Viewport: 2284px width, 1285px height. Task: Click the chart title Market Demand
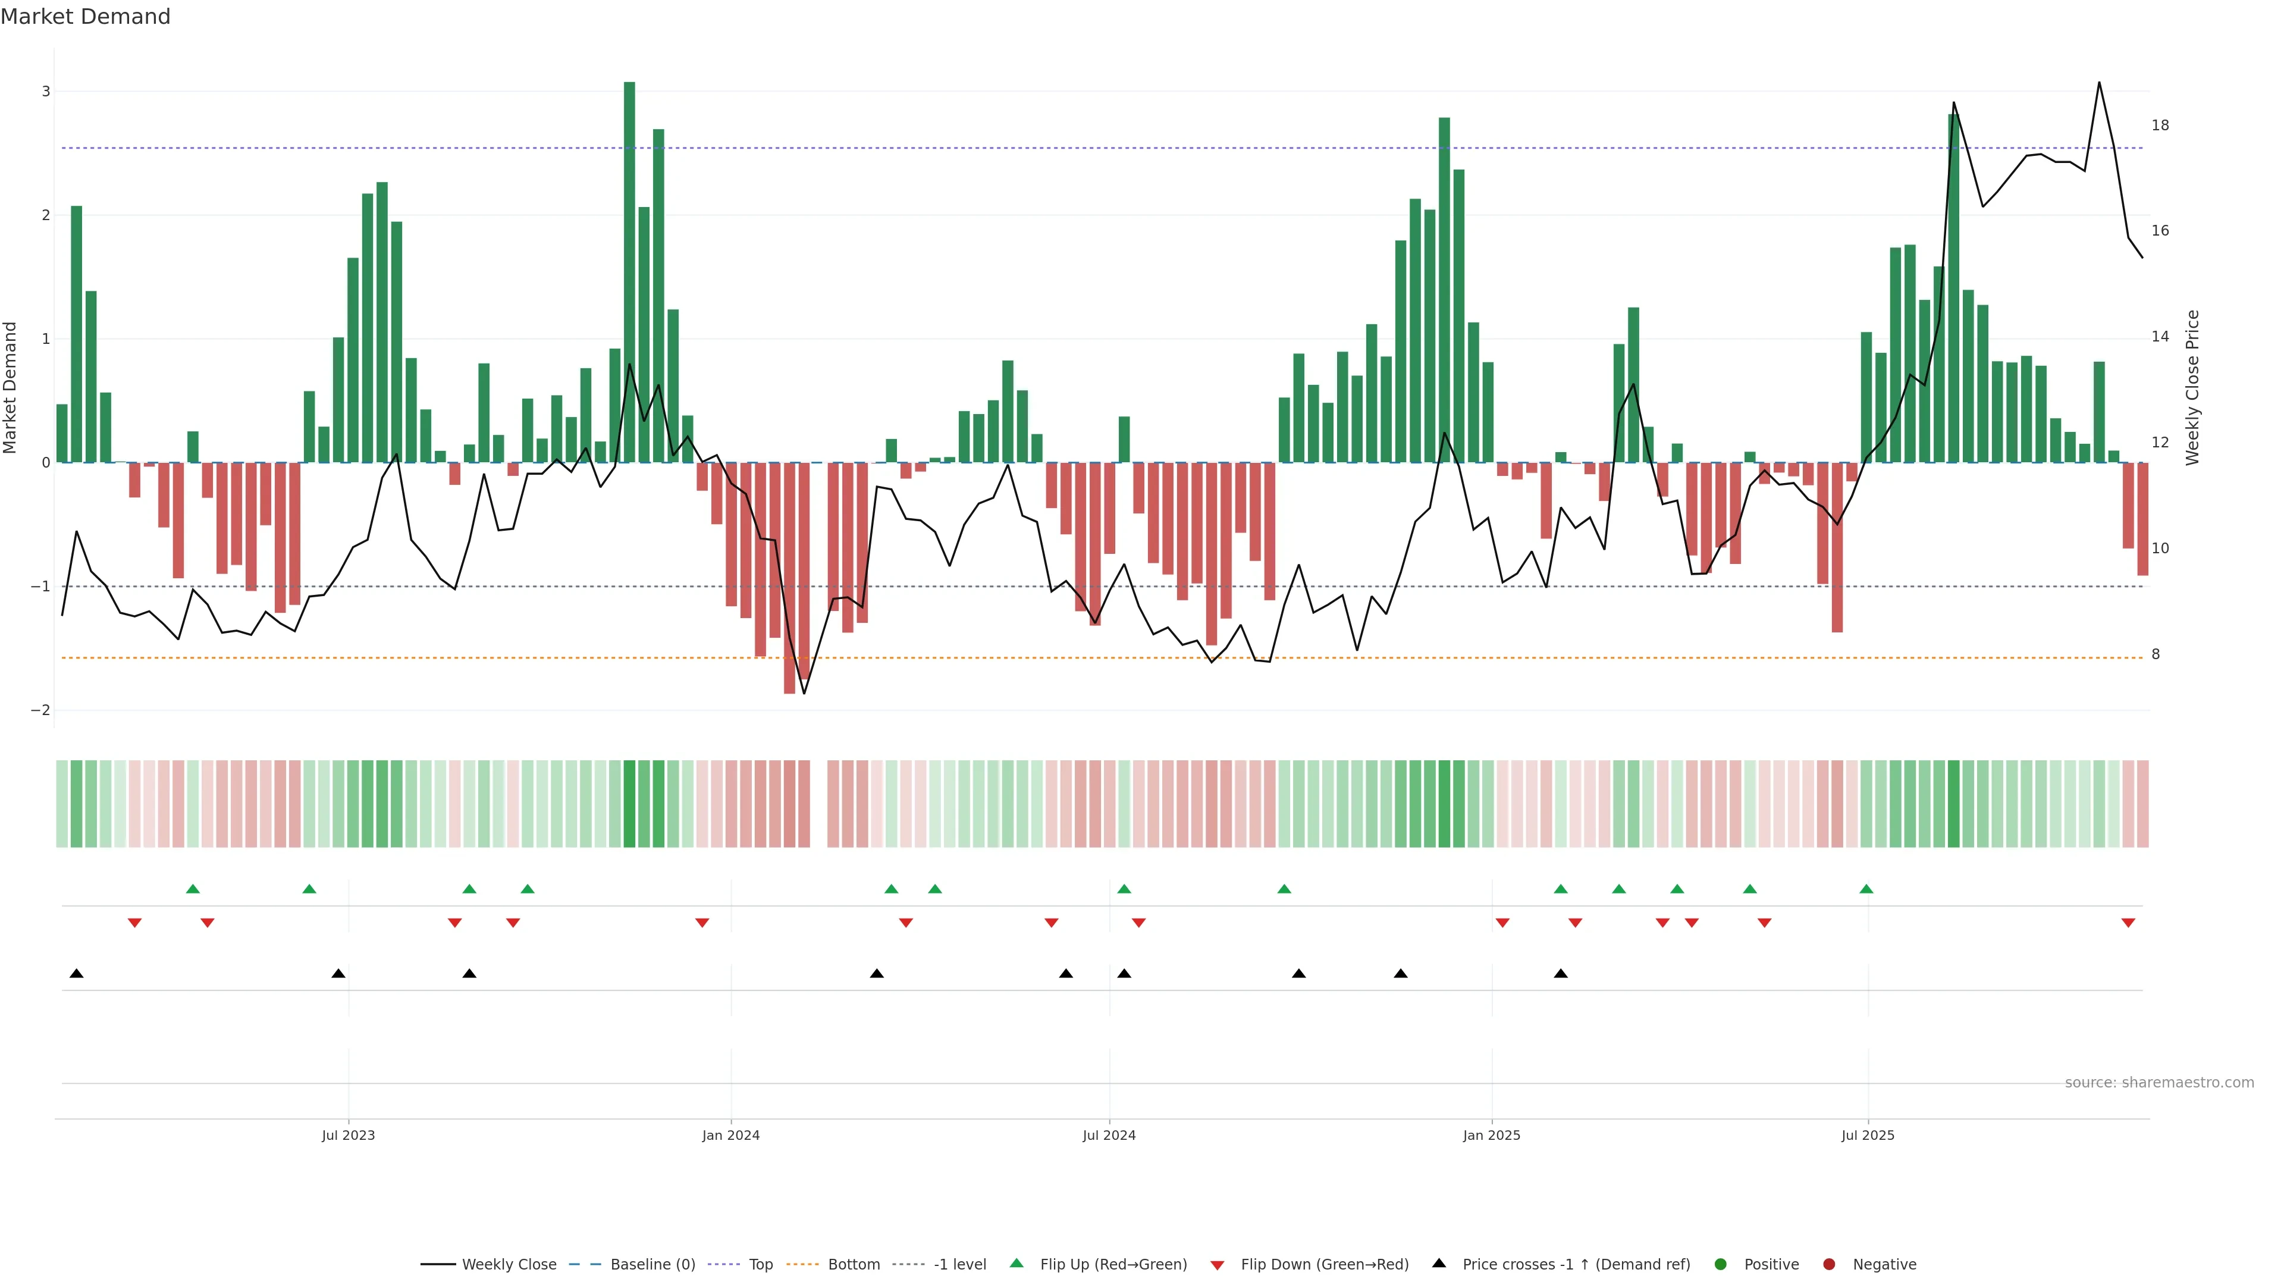(85, 17)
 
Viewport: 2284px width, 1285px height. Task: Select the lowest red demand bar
(789, 576)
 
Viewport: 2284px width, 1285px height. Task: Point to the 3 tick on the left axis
(46, 92)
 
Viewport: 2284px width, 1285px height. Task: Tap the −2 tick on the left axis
(41, 710)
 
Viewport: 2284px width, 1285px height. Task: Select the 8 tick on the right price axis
(2156, 654)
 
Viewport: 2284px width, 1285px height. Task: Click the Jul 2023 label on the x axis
(347, 1135)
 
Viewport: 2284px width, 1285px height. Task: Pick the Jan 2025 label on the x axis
(1491, 1135)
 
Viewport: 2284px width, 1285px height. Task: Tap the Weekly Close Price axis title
(2192, 387)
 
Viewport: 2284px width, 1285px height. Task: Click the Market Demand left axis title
(11, 387)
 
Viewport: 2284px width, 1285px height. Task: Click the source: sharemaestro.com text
(2159, 1083)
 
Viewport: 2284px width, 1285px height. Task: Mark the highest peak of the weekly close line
(2098, 83)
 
